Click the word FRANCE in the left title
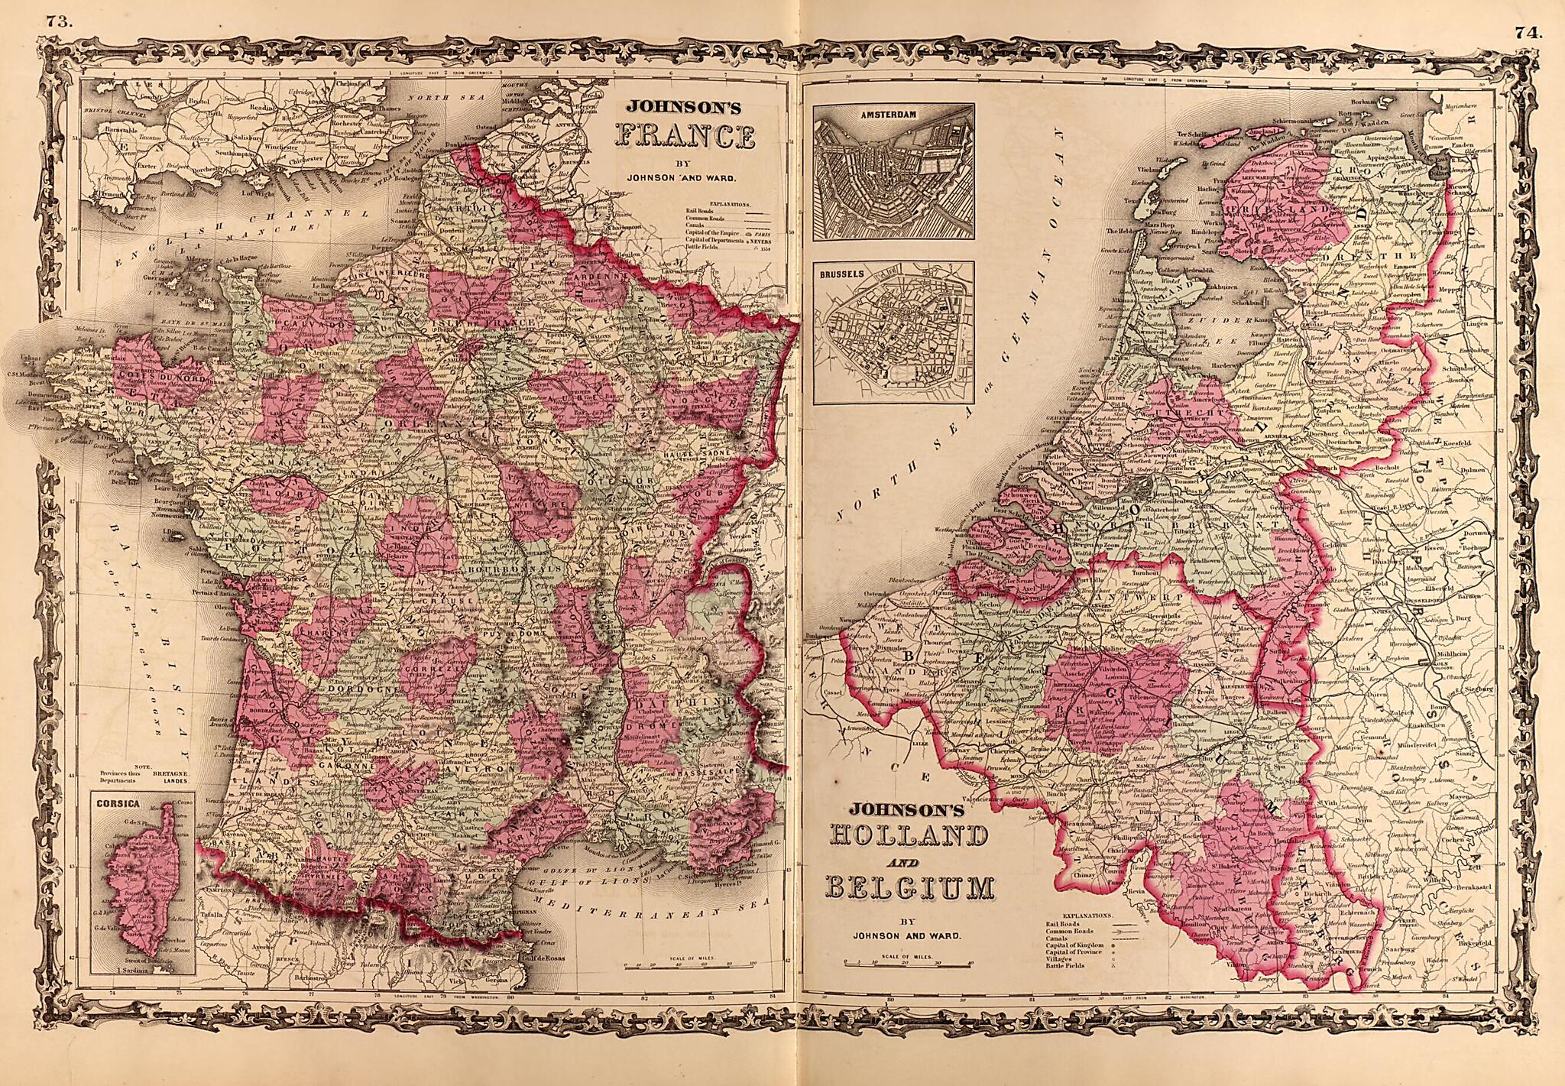click(x=685, y=138)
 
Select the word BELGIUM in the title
click(x=909, y=890)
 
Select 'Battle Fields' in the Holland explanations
click(x=1062, y=966)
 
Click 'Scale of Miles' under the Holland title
click(x=906, y=956)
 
